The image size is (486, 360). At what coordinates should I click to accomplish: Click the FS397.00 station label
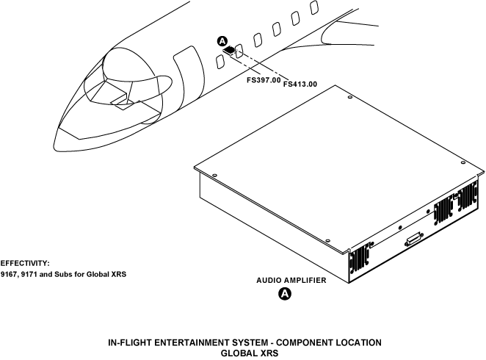[x=264, y=79]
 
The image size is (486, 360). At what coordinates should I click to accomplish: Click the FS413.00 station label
[x=300, y=84]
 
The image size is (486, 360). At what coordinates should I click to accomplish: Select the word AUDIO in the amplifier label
[x=268, y=281]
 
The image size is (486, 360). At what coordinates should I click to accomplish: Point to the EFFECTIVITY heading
[x=24, y=262]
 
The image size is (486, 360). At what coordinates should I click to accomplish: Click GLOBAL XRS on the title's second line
[x=245, y=353]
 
